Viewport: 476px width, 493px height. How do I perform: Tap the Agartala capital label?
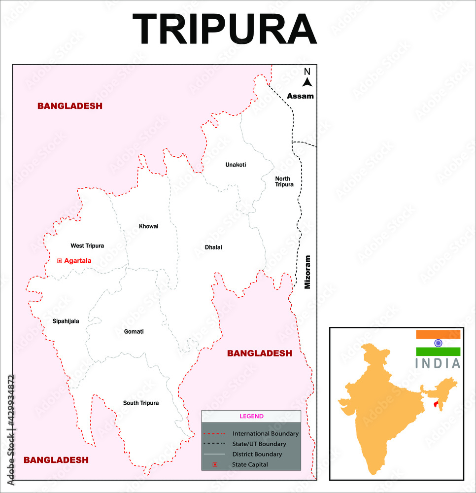pos(78,260)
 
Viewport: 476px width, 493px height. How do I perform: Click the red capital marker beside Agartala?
pos(60,260)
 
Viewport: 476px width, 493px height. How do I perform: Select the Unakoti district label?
pos(236,164)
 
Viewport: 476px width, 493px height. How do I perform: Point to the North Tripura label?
pos(284,181)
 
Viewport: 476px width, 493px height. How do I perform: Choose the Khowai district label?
pos(148,226)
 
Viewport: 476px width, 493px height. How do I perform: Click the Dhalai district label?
pos(213,247)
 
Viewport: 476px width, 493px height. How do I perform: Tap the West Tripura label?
pos(87,245)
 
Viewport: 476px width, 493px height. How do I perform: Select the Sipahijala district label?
pos(66,321)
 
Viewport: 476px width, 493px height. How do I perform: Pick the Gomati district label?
pos(134,331)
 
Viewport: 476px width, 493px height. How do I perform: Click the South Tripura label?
pos(141,403)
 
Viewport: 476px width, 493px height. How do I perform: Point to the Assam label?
pos(301,96)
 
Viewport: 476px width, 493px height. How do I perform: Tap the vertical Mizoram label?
pos(307,272)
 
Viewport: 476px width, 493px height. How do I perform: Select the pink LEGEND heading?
pos(251,416)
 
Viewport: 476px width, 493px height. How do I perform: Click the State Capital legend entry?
pos(250,464)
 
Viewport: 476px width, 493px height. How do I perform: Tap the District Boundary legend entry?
pos(257,454)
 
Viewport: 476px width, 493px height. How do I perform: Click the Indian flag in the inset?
pos(438,343)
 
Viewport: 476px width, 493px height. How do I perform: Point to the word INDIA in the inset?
pos(438,364)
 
